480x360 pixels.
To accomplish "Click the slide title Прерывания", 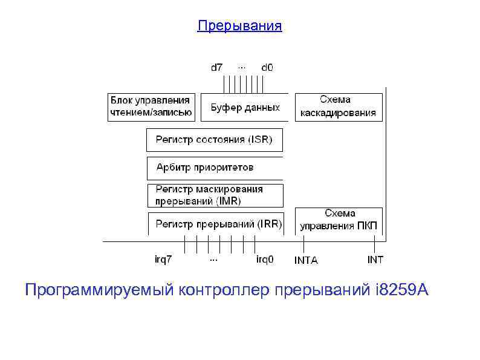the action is point(240,26).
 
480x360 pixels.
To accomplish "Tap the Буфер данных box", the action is point(245,108).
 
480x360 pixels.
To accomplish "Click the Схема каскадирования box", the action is point(339,106).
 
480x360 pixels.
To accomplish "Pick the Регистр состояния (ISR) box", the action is point(215,140).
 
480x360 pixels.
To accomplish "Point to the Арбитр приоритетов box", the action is point(215,167).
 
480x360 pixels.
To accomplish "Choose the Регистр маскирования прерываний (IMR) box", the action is point(215,195).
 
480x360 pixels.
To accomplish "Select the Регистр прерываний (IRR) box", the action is point(215,224).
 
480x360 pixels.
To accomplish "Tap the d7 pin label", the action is point(216,67).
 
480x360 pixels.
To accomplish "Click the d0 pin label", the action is point(267,67).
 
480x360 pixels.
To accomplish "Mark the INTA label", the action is point(306,260).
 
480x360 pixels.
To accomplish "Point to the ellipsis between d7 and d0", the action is point(242,66).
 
